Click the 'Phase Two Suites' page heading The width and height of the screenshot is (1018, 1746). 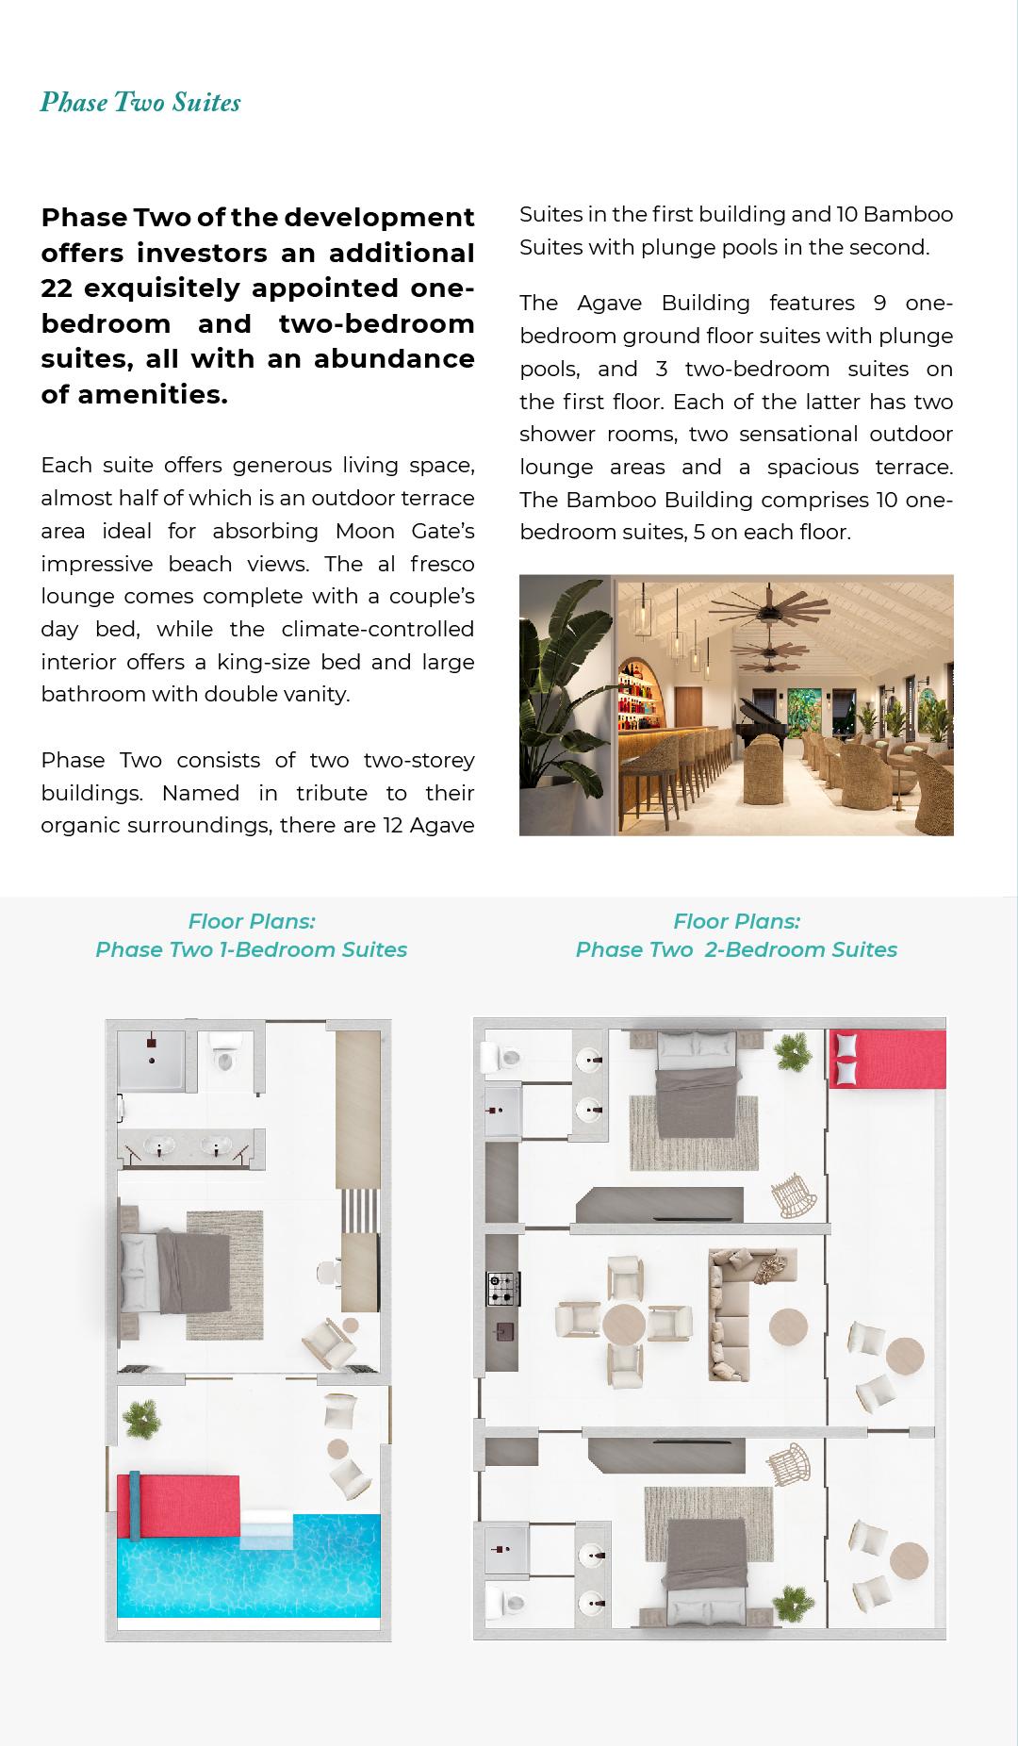coord(140,103)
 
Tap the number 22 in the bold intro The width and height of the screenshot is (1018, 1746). coord(57,288)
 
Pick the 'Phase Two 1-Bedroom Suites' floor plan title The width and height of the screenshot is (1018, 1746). coord(251,949)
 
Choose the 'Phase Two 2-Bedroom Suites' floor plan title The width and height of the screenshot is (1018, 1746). coord(735,949)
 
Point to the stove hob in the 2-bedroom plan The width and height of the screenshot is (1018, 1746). coord(502,1288)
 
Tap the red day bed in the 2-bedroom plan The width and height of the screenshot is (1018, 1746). coord(887,1059)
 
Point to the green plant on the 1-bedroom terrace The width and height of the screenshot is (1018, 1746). coord(141,1416)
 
